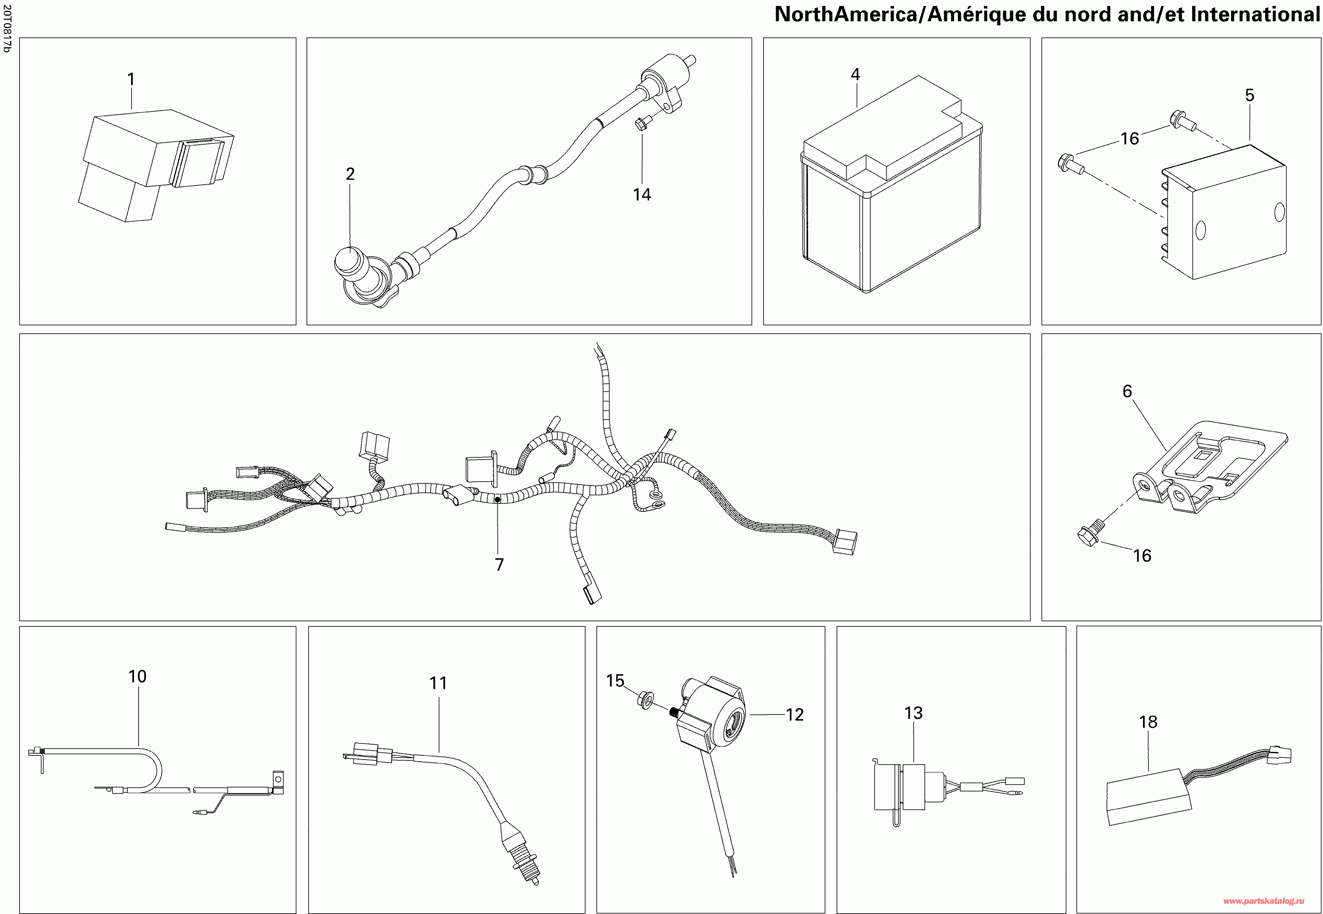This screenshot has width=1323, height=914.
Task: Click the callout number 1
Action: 131,79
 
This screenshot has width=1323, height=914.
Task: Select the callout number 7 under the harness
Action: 499,565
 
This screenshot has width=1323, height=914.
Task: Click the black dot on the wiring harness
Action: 497,500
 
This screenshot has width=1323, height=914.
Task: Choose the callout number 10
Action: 137,676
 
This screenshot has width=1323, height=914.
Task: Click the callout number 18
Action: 1148,722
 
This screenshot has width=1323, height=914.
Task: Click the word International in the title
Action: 1255,14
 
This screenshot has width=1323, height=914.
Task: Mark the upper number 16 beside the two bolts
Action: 1129,139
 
